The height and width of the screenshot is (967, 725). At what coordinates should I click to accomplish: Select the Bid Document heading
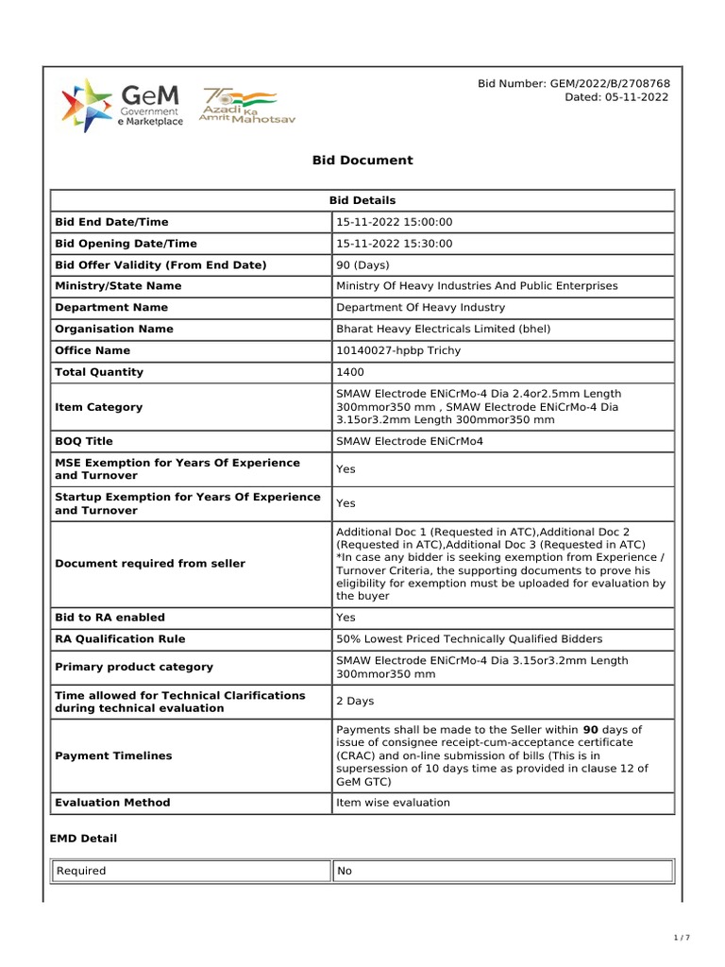click(362, 161)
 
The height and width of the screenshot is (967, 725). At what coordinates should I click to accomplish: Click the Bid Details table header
click(362, 200)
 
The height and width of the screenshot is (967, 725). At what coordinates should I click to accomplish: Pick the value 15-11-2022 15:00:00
click(395, 222)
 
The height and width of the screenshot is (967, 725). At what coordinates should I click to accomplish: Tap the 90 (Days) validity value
click(362, 265)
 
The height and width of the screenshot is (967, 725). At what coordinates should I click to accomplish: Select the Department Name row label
click(111, 308)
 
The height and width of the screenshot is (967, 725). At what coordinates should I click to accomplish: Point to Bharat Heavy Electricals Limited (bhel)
click(443, 329)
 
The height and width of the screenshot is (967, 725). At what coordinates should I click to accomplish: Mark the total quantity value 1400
click(350, 372)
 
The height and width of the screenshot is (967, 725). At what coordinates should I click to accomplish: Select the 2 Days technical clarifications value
click(355, 702)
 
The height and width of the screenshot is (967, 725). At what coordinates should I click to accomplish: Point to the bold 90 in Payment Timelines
click(591, 730)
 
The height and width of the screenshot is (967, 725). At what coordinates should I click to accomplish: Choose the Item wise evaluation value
click(393, 803)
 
